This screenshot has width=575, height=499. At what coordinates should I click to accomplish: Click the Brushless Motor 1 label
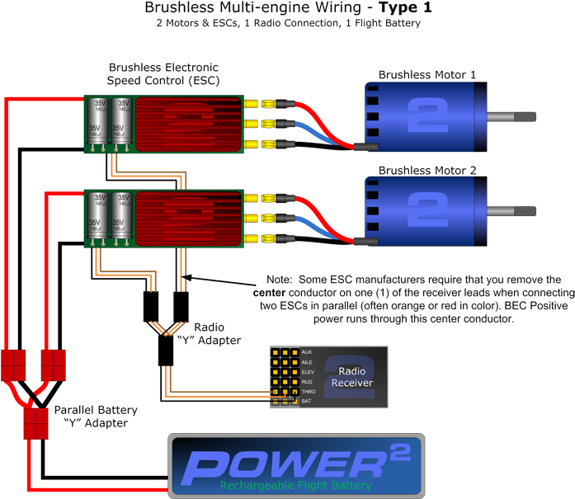427,75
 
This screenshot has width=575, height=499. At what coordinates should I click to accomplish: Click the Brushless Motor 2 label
427,172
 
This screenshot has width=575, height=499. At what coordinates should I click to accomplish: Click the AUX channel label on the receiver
308,351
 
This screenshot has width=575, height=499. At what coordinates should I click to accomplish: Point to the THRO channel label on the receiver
309,391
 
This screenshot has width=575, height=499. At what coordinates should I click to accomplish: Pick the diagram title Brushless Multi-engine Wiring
288,7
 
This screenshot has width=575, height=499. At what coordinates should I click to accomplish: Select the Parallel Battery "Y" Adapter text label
95,416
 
